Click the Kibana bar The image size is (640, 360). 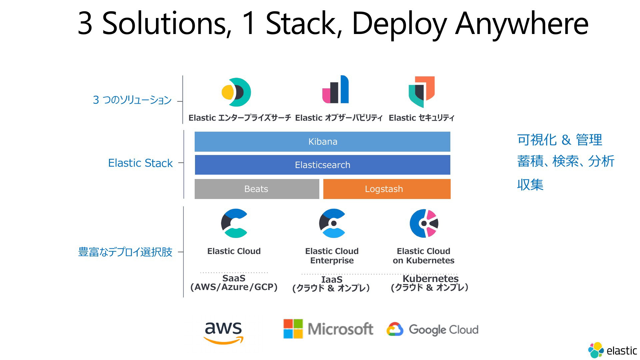tap(322, 142)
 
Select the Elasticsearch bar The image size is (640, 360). tap(322, 165)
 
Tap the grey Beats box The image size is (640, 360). tap(257, 189)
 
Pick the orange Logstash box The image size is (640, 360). tap(387, 189)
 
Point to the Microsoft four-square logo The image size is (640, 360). tap(293, 329)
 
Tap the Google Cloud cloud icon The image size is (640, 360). tap(395, 329)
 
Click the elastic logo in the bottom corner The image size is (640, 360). tap(613, 350)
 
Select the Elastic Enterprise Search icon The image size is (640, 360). tap(236, 92)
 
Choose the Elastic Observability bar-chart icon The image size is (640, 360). tap(335, 89)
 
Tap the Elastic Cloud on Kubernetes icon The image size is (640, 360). tap(424, 223)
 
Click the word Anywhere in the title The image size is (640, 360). tap(522, 23)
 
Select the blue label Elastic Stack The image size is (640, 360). tap(140, 163)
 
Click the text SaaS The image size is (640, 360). tap(234, 278)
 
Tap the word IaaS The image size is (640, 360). tap(332, 279)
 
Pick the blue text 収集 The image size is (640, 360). tap(530, 185)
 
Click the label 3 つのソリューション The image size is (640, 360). tap(132, 100)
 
